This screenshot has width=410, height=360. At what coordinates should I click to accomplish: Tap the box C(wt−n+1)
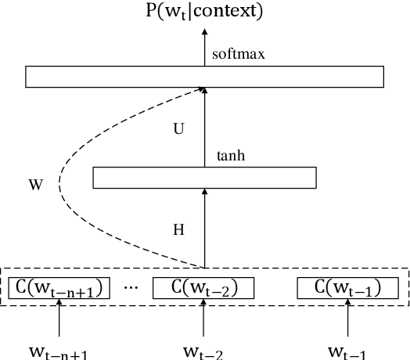point(59,288)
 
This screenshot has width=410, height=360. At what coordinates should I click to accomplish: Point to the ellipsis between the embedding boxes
point(131,288)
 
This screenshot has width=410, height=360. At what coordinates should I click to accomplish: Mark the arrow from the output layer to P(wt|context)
point(204,47)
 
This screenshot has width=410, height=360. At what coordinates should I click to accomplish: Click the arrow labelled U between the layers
point(204,125)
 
